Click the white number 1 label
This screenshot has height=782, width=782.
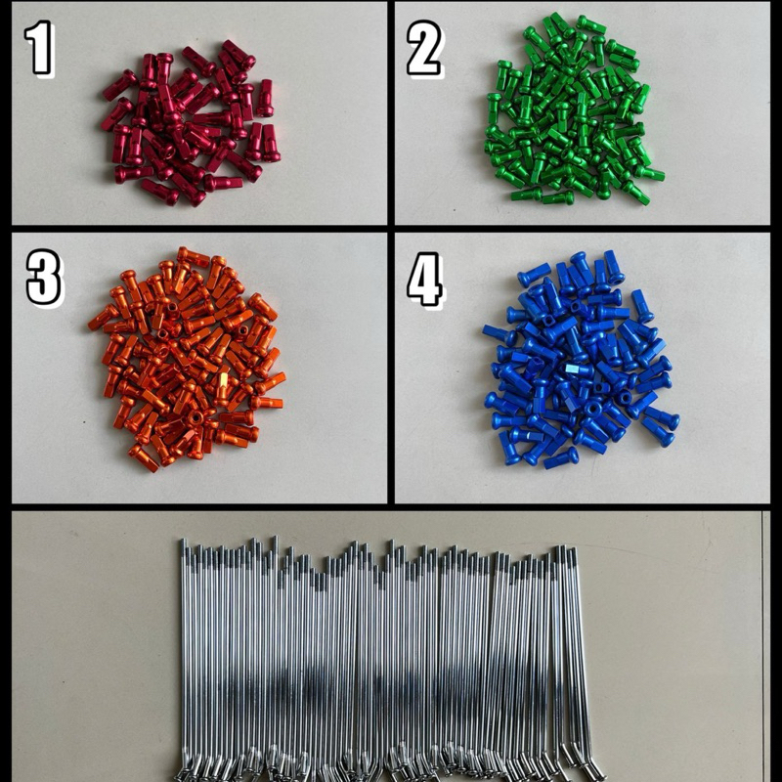tap(39, 48)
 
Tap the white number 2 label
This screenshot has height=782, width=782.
tap(424, 48)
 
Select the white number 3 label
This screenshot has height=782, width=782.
tap(44, 278)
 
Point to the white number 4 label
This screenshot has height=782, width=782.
tap(425, 280)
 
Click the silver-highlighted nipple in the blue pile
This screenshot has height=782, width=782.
tap(579, 369)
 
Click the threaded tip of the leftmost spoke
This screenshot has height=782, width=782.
tap(184, 548)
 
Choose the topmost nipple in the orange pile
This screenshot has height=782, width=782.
tap(193, 256)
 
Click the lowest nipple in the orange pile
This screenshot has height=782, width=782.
tap(143, 457)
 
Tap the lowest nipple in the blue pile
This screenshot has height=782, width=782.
tap(561, 457)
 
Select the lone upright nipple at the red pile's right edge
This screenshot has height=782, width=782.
tap(265, 98)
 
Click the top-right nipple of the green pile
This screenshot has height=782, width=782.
tap(591, 24)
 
